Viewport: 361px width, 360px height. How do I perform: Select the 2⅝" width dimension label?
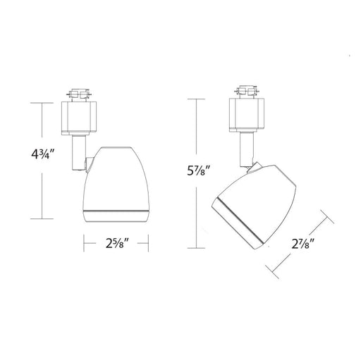[117, 243]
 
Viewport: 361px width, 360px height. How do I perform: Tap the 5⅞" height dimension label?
[197, 170]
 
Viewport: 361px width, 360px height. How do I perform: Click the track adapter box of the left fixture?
[79, 118]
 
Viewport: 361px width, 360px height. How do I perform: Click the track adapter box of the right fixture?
[247, 115]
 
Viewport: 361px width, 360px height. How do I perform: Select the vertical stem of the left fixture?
[79, 153]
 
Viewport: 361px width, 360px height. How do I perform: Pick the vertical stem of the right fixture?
[247, 150]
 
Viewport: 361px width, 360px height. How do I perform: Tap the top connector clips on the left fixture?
[79, 94]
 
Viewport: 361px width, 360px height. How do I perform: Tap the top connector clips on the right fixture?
[247, 92]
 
